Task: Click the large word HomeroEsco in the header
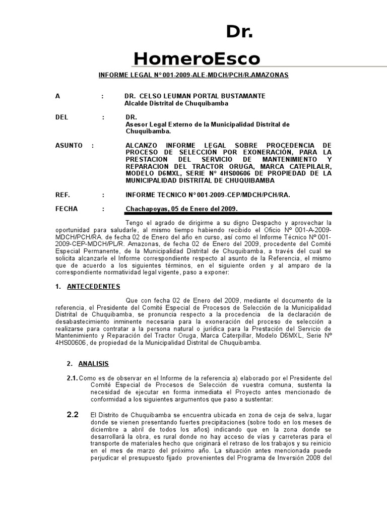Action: pyautogui.click(x=197, y=59)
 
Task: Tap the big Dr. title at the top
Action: pyautogui.click(x=239, y=32)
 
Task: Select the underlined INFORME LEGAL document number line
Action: pyautogui.click(x=193, y=75)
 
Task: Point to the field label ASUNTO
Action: pyautogui.click(x=69, y=145)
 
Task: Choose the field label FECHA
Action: pyautogui.click(x=67, y=209)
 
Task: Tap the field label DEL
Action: pyautogui.click(x=61, y=117)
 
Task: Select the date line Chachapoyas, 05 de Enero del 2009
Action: pyautogui.click(x=181, y=209)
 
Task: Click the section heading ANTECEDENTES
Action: pyautogui.click(x=94, y=286)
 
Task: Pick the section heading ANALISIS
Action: pyautogui.click(x=93, y=363)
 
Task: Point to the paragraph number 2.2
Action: pyautogui.click(x=73, y=415)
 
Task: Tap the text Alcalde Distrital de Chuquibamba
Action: pyautogui.click(x=176, y=103)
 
